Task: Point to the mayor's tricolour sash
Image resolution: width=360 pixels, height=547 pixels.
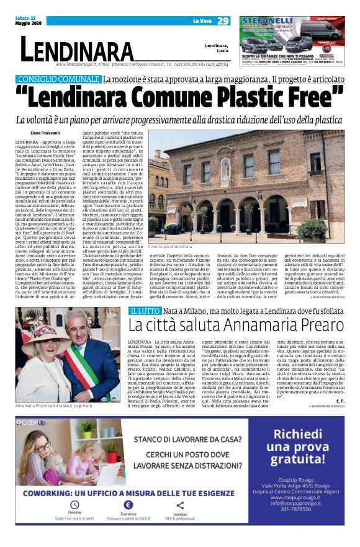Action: [93, 359]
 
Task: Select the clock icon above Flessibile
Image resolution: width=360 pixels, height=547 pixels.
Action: [74, 505]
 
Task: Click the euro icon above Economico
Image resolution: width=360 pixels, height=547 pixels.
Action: [128, 505]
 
